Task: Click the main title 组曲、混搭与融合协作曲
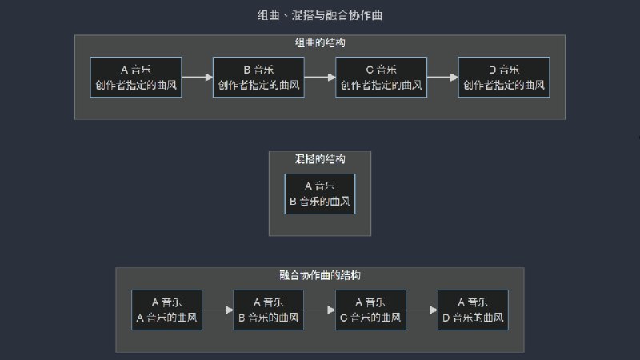(x=320, y=15)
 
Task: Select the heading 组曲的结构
(x=320, y=42)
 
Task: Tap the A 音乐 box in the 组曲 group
(x=136, y=77)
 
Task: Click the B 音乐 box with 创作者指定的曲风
(x=258, y=77)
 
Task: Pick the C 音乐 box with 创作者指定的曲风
(x=381, y=77)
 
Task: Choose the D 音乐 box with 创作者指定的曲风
(x=503, y=77)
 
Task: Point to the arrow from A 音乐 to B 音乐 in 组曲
(x=198, y=78)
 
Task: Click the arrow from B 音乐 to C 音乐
(x=320, y=78)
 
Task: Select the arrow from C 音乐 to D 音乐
(x=442, y=78)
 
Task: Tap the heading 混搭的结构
(x=320, y=159)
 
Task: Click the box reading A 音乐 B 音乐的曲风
(x=320, y=194)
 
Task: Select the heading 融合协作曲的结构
(x=320, y=275)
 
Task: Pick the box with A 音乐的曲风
(x=166, y=310)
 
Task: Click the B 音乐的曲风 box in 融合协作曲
(x=268, y=310)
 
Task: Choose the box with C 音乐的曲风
(x=370, y=310)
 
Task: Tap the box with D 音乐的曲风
(x=473, y=310)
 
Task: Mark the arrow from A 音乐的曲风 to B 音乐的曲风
(x=218, y=310)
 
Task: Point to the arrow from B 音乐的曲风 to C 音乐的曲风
(x=319, y=310)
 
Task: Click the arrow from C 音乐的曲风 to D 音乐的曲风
(x=422, y=310)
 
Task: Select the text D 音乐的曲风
(x=473, y=318)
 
